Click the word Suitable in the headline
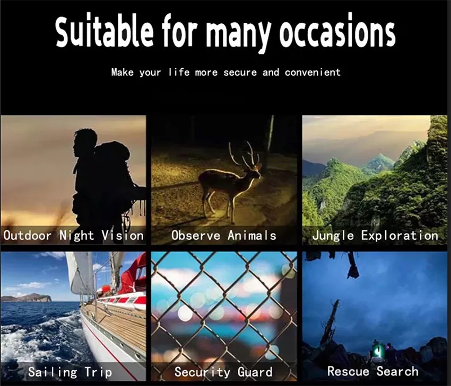coord(105,31)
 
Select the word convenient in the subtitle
coord(313,72)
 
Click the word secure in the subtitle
coord(240,72)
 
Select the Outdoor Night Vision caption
coord(73,236)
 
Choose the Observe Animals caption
coord(224,236)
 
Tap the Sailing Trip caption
coord(70,372)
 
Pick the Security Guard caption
coord(223,372)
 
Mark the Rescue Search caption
coord(373,371)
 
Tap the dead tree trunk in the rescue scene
coord(330,321)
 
